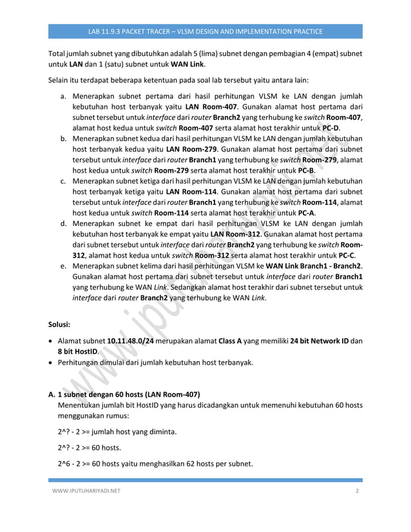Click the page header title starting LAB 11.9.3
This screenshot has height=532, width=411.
[205, 31]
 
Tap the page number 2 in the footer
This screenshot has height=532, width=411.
[356, 491]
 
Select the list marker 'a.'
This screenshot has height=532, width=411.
[64, 95]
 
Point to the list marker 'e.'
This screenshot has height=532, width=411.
[64, 267]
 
